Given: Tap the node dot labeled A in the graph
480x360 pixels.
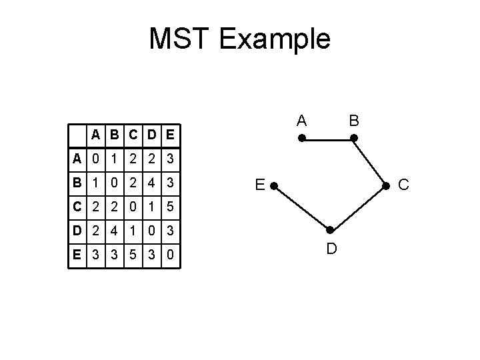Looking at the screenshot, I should tap(301, 139).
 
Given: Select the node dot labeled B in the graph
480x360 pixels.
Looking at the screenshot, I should tap(354, 139).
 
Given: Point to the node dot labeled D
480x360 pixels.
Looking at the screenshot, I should tap(329, 231).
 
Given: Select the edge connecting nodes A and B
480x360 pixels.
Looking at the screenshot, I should tap(327, 139).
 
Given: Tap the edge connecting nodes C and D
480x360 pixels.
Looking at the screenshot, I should tap(357, 208).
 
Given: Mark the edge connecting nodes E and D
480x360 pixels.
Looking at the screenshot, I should tap(301, 208).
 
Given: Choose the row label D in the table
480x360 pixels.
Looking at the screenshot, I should tap(78, 231).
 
